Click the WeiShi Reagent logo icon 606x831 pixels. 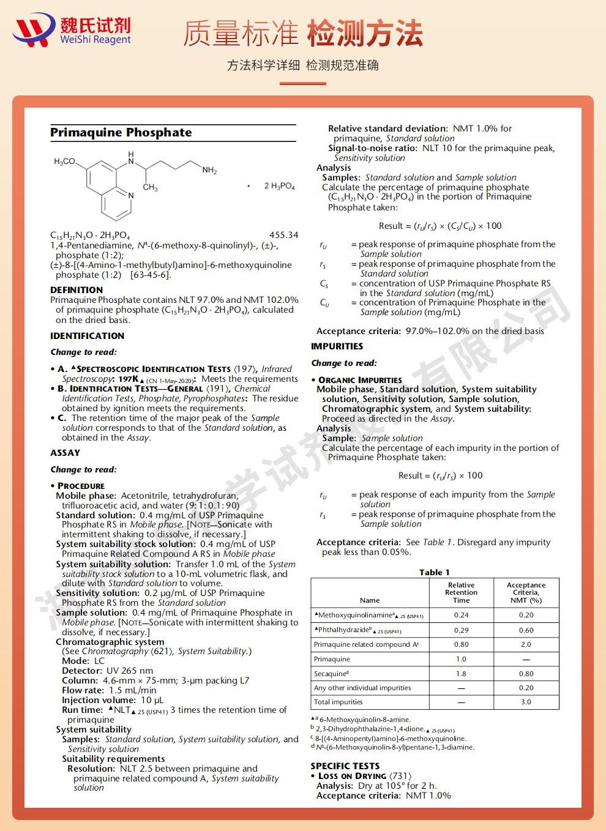click(33, 31)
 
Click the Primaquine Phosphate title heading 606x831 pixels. click(121, 133)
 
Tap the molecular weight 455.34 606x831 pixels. click(283, 235)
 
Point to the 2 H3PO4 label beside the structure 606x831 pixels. click(279, 185)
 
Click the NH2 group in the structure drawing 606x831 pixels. click(209, 170)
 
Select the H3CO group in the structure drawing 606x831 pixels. click(64, 162)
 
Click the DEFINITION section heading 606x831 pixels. click(77, 290)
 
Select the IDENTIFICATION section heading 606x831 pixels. click(87, 336)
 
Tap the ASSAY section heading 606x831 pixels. click(65, 453)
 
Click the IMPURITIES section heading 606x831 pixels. click(337, 346)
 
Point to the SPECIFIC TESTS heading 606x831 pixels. click(345, 766)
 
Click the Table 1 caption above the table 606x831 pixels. click(434, 572)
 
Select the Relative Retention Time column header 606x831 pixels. click(461, 592)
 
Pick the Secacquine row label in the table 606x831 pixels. click(331, 674)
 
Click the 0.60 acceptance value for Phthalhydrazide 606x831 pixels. click(526, 630)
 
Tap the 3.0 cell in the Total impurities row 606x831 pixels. click(526, 702)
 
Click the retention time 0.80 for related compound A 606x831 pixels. click(461, 644)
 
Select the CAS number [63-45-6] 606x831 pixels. click(151, 275)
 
